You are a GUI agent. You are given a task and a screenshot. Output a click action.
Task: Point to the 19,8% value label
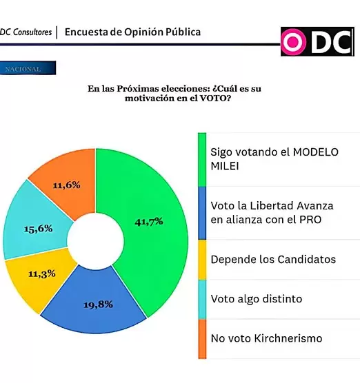99,303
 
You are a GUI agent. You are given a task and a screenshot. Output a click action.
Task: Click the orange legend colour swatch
202,338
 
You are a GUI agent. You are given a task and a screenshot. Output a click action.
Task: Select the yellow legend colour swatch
202,259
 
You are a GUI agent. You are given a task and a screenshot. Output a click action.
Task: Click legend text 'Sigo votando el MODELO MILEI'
275,158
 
